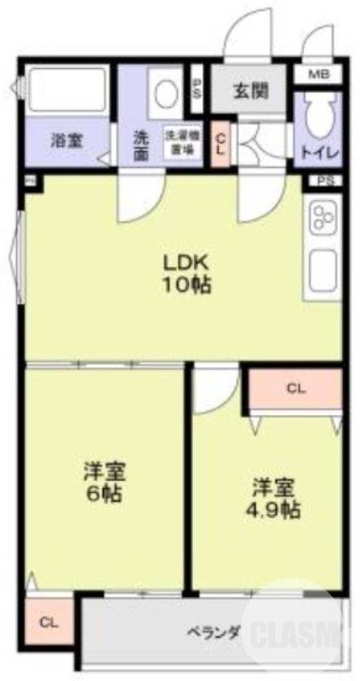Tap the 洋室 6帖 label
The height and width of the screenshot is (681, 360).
click(105, 482)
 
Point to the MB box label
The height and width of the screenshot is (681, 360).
click(317, 75)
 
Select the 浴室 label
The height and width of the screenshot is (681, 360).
click(66, 141)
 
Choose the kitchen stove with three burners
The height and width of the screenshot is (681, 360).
click(323, 218)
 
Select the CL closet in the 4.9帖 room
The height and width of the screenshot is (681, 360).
click(295, 390)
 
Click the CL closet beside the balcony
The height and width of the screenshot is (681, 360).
click(49, 622)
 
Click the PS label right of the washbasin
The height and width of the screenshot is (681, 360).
click(197, 89)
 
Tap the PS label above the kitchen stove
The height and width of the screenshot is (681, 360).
click(325, 180)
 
